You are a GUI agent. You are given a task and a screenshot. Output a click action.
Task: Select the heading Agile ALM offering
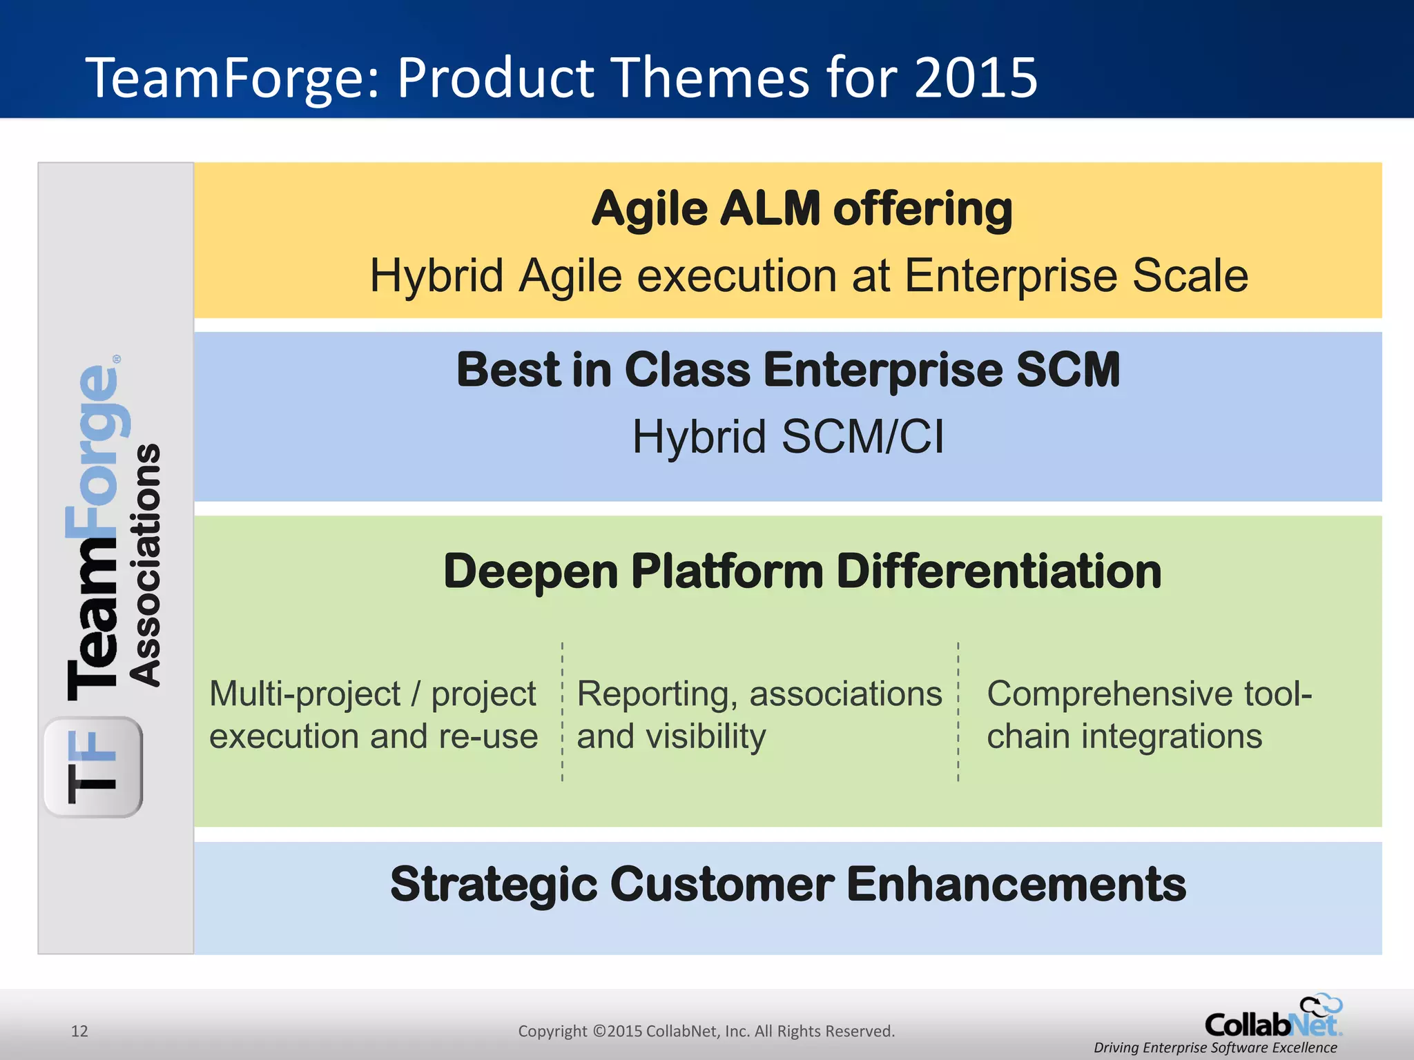tap(802, 208)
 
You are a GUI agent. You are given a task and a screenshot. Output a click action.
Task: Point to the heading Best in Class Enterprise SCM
tap(788, 370)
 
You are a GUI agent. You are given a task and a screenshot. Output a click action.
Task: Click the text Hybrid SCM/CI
tap(788, 437)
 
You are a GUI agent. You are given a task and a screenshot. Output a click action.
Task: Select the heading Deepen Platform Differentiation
tap(802, 571)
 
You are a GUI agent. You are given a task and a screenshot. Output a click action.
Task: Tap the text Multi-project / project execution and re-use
tap(373, 715)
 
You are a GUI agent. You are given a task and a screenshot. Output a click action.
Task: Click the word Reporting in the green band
tap(652, 694)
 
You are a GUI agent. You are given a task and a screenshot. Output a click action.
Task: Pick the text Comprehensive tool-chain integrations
tap(1148, 715)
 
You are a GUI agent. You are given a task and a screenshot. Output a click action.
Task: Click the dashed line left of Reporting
tap(563, 711)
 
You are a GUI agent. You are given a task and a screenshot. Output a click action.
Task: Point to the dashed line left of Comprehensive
tap(958, 711)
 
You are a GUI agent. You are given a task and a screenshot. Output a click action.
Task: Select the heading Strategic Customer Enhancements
tap(788, 885)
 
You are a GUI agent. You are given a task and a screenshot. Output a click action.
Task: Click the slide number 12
tap(79, 1031)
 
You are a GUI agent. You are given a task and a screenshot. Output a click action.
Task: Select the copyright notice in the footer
tap(706, 1031)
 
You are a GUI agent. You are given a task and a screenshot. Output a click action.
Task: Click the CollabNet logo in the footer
tap(1272, 1019)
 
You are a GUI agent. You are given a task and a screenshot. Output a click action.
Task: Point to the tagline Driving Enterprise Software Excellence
tap(1215, 1048)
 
